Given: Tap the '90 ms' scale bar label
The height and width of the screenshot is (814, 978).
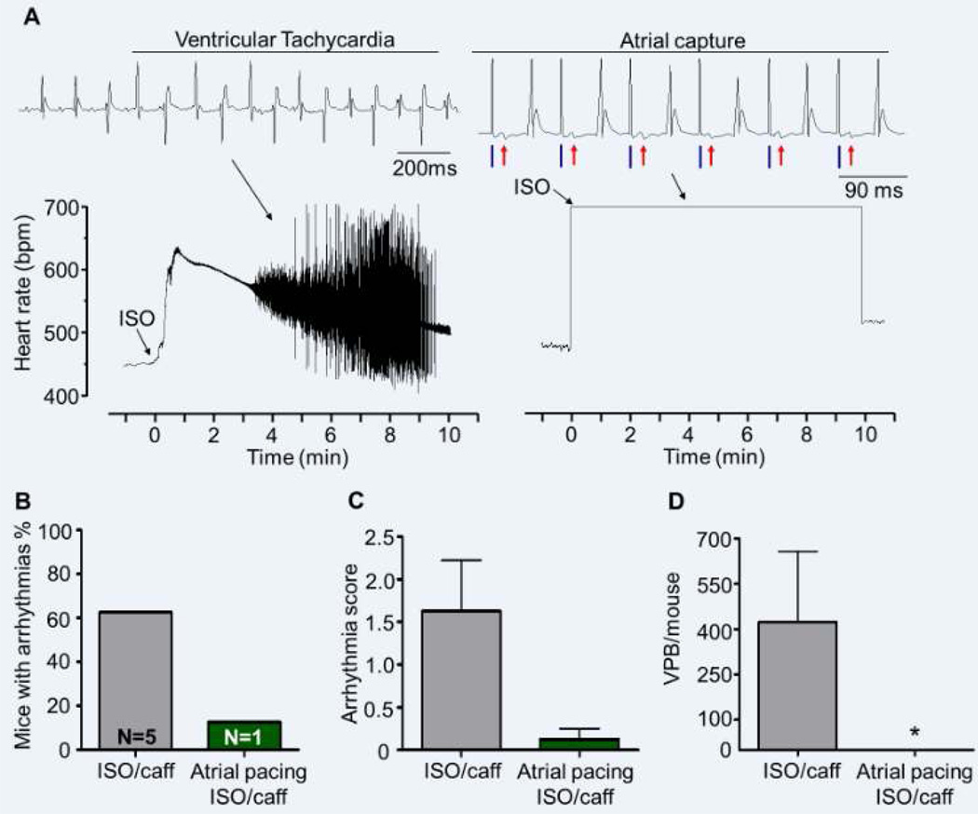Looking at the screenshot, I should [x=873, y=189].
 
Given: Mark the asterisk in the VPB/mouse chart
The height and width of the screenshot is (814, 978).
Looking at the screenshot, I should [x=917, y=733].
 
